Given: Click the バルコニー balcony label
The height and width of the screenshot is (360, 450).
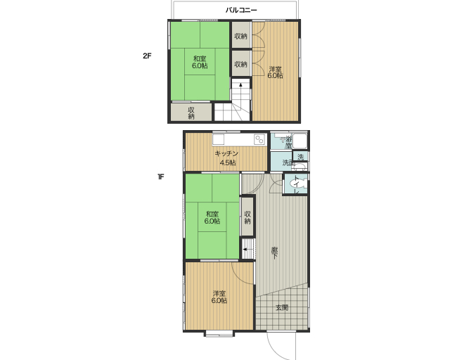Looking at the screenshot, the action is [x=241, y=11].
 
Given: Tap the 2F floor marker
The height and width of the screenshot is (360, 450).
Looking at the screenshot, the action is [x=147, y=56].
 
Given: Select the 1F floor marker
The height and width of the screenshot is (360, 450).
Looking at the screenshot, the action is [x=161, y=177].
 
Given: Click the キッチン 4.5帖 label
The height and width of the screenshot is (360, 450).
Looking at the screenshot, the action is [x=227, y=158].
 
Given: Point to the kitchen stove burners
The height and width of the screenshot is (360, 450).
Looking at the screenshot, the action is [x=259, y=139].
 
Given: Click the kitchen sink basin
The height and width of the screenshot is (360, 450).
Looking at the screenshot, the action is [x=218, y=139].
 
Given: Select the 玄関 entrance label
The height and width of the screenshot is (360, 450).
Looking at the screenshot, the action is [x=282, y=308].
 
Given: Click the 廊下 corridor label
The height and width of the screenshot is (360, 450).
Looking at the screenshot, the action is [x=275, y=252].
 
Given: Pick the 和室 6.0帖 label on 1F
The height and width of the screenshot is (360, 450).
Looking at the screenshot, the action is [x=212, y=217].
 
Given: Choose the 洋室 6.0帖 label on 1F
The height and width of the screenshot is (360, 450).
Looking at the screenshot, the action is [x=219, y=297].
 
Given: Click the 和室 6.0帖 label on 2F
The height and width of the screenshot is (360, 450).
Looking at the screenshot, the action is [x=200, y=63].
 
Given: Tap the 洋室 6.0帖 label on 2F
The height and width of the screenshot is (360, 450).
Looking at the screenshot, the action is [x=275, y=72].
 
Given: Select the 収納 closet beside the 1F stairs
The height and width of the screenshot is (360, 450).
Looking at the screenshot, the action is [x=247, y=217].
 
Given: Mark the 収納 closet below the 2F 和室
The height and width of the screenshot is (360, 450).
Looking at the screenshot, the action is [x=191, y=112].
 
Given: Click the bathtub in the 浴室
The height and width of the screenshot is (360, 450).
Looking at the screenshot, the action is [x=300, y=141].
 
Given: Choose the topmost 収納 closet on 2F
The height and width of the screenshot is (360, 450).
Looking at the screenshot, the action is [x=240, y=35].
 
